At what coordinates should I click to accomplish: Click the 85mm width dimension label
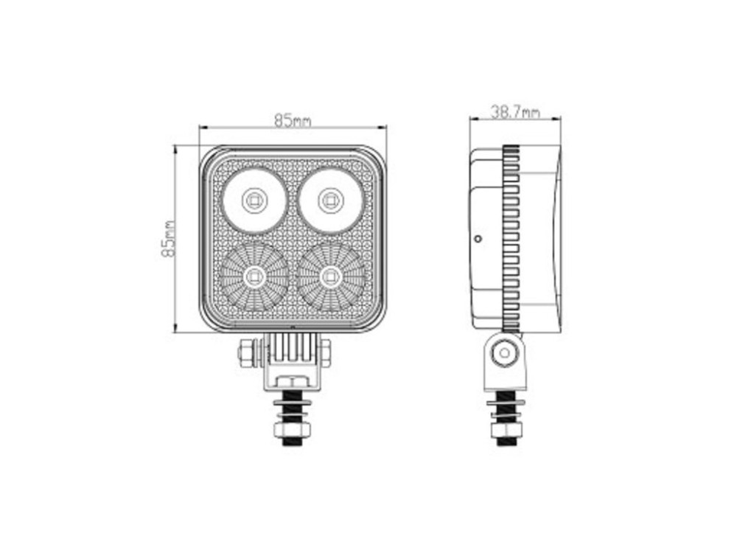click(293, 121)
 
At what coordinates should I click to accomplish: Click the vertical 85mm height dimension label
click(168, 239)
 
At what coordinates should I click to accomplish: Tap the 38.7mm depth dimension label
click(515, 112)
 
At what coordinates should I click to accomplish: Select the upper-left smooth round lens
click(254, 201)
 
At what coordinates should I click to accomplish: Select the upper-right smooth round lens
click(331, 201)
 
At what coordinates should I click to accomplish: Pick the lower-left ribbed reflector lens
click(254, 277)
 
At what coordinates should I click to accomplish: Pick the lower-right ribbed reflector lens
click(331, 277)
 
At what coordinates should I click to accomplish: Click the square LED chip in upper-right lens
click(331, 201)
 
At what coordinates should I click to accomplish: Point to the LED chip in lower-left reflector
click(254, 277)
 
